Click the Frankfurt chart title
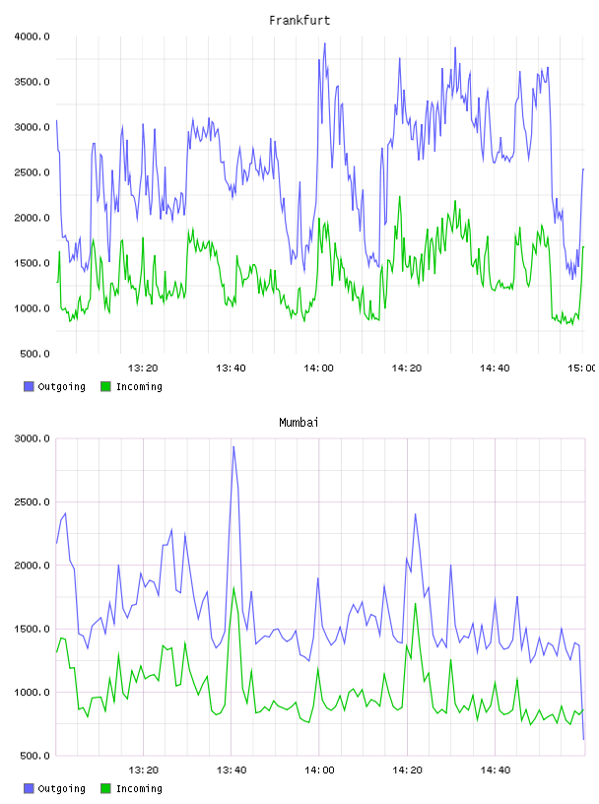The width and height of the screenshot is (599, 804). tap(299, 21)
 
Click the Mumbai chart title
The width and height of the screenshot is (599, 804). tap(299, 423)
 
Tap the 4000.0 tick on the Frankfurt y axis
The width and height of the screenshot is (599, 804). tap(32, 36)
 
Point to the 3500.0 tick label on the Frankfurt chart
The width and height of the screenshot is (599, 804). tap(32, 82)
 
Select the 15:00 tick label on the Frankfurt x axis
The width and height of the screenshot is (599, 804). tap(581, 368)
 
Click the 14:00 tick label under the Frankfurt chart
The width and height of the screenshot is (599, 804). tap(318, 368)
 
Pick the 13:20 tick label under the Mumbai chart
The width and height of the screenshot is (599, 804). tap(143, 770)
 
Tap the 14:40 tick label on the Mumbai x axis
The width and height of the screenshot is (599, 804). tap(495, 770)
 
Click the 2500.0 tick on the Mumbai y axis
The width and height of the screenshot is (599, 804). tap(32, 502)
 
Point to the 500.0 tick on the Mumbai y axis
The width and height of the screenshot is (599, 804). tap(34, 756)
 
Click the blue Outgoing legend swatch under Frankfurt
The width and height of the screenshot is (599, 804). tap(29, 386)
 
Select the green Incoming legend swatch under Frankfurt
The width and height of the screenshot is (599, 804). tap(105, 386)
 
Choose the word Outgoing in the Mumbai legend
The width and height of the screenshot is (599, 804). tap(61, 788)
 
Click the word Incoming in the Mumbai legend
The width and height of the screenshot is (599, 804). tap(139, 788)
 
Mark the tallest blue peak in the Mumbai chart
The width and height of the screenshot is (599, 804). tap(233, 446)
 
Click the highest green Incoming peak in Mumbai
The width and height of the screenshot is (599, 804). tap(233, 587)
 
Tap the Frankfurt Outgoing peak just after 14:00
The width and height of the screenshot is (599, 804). tap(325, 43)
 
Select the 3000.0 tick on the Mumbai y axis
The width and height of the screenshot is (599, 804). tap(32, 438)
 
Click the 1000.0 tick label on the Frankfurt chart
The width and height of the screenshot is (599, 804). tap(32, 308)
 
